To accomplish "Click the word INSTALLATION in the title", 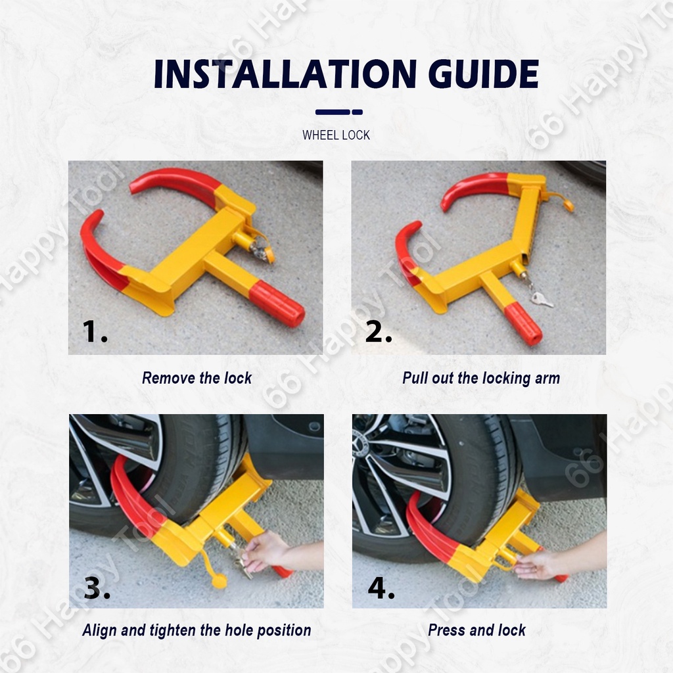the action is click(x=285, y=74).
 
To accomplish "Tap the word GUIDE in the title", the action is click(x=484, y=74).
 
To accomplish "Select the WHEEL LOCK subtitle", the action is click(x=336, y=135).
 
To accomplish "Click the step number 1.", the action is click(x=95, y=331).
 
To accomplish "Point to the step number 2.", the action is click(x=379, y=331).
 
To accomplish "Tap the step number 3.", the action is click(x=97, y=588).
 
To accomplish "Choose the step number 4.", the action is click(x=381, y=588).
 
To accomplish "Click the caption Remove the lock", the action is click(x=197, y=378).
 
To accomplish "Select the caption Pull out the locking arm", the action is click(x=480, y=378).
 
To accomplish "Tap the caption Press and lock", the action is click(x=477, y=630).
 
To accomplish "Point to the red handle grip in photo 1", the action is click(x=277, y=304).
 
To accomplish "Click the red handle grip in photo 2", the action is click(x=522, y=323).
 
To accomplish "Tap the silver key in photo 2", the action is click(x=542, y=299).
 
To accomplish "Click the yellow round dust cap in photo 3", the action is click(x=220, y=581).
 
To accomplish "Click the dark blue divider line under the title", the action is click(x=339, y=112).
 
